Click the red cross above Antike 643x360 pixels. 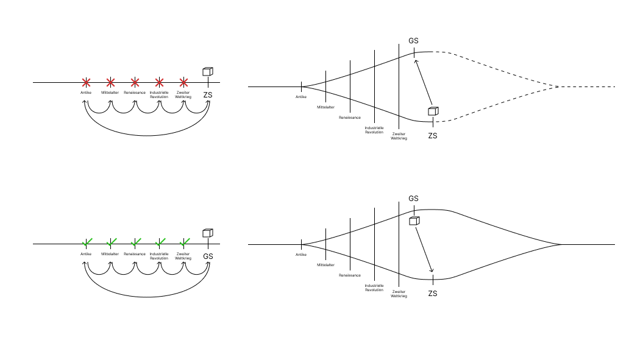click(x=86, y=82)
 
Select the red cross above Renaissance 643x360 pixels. click(x=135, y=82)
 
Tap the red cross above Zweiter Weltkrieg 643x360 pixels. click(x=183, y=82)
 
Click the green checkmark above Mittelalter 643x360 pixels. click(x=111, y=242)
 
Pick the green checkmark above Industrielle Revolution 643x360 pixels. click(x=160, y=242)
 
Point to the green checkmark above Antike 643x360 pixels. click(x=87, y=242)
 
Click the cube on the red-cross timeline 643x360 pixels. click(x=208, y=72)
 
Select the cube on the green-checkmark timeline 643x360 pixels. click(x=208, y=233)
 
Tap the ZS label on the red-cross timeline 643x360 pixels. click(x=208, y=96)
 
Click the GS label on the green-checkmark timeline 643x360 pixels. click(x=208, y=256)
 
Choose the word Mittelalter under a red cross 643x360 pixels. click(x=110, y=93)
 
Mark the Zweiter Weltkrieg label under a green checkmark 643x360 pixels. click(x=183, y=256)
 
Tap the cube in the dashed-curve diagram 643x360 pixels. click(x=433, y=111)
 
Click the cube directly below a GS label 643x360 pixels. click(x=414, y=221)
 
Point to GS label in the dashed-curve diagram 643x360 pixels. click(x=413, y=41)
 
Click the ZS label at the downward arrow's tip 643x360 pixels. click(x=433, y=294)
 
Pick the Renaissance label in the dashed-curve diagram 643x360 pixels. click(x=350, y=118)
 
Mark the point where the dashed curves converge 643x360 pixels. click(x=558, y=86)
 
